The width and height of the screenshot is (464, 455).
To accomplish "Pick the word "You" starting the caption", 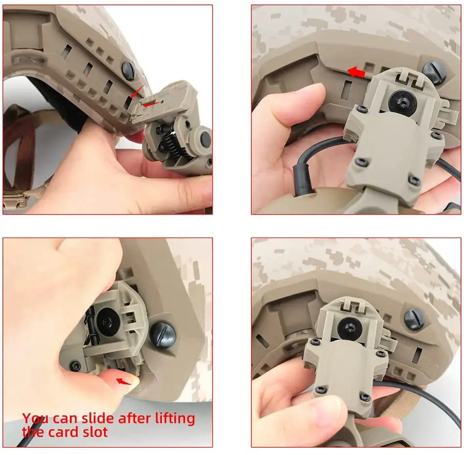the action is [x=34, y=419].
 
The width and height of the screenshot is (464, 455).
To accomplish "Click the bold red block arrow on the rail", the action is [x=356, y=72].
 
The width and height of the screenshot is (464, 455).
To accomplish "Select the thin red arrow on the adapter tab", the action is [x=153, y=104].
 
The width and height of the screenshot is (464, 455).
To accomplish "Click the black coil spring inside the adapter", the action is [x=175, y=142].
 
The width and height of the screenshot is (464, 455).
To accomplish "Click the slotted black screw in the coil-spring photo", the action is [x=129, y=70].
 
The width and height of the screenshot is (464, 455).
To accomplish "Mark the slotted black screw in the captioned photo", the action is [x=162, y=333].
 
